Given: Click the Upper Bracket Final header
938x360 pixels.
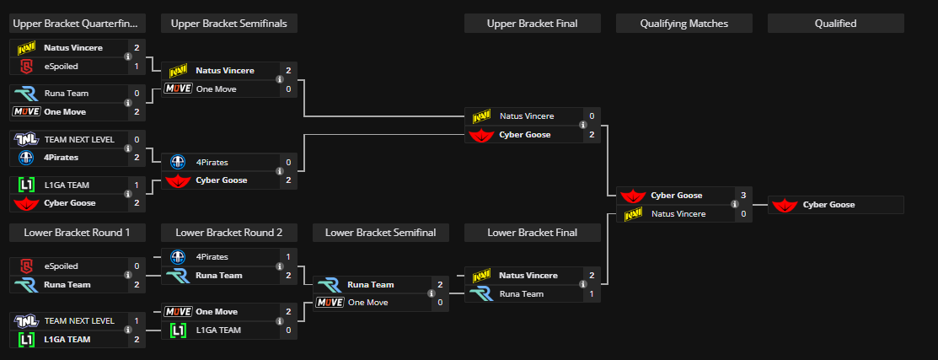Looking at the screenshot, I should pos(532,24).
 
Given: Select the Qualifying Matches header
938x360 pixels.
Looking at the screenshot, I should pos(683,24).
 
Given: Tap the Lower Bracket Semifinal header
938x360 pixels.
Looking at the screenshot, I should pos(380,232).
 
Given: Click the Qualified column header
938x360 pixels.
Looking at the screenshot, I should pos(835,24).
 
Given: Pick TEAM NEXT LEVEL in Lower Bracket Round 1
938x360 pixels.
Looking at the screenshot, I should pos(78,320).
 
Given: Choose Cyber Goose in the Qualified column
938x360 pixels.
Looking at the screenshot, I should pos(828,205).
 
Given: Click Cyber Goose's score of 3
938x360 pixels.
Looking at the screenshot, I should pos(743,196).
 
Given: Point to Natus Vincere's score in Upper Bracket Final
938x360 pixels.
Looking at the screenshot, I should pos(592,116).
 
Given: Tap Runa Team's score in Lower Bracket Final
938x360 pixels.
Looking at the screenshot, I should pos(592,293).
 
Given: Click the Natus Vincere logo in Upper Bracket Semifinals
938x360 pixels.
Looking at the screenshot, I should pos(177,71).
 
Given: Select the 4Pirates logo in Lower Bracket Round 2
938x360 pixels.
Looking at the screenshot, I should pos(177,256).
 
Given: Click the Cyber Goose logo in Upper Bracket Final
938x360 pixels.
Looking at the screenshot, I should pos(481,135).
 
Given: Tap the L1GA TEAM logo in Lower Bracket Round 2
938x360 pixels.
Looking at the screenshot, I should pos(177,330).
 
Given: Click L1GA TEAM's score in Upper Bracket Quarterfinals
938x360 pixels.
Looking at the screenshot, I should pos(137,185).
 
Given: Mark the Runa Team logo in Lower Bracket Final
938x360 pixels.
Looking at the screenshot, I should pos(481,293).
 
